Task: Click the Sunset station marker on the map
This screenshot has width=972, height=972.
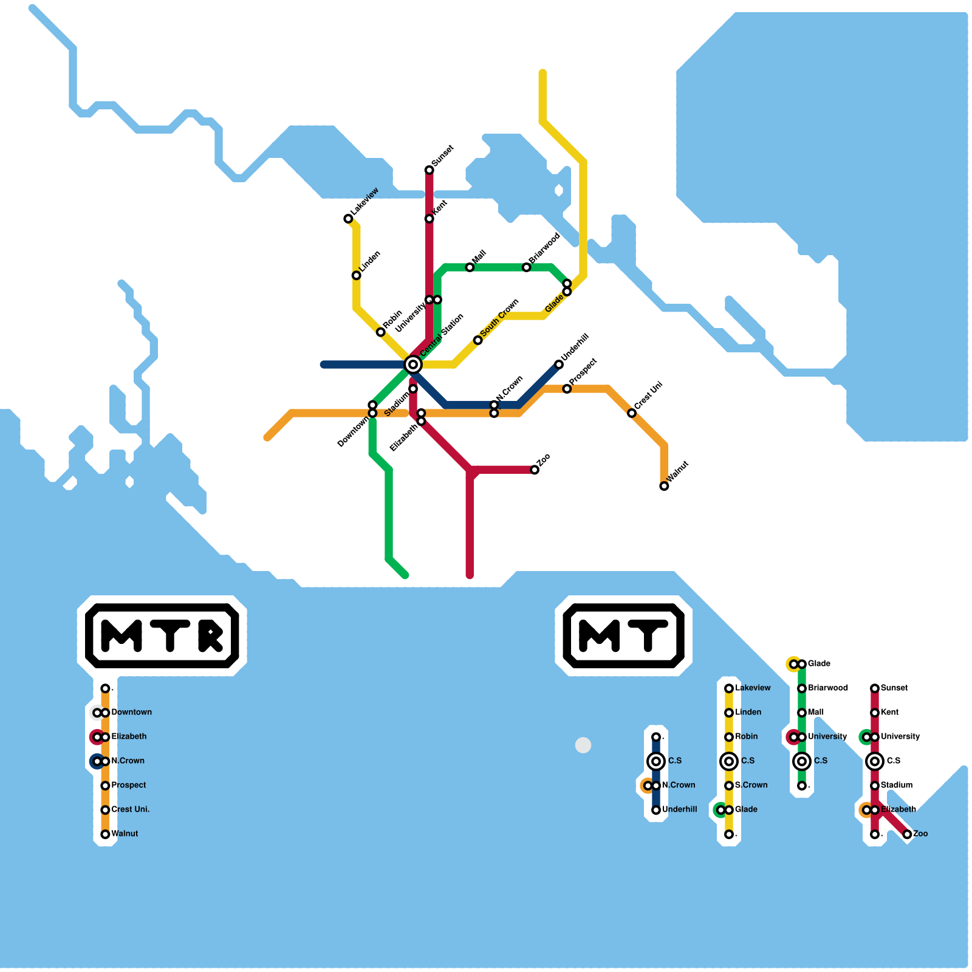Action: (x=429, y=170)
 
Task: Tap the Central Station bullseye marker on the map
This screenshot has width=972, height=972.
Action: (x=413, y=364)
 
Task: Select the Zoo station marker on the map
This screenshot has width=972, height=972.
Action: (x=535, y=470)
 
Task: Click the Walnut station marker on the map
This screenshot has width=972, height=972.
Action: (x=664, y=486)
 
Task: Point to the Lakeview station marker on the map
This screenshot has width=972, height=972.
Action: (x=348, y=219)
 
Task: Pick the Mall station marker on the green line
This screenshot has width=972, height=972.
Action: (x=470, y=267)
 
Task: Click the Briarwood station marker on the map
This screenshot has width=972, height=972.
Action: (x=527, y=267)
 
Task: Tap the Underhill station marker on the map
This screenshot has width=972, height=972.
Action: (x=559, y=364)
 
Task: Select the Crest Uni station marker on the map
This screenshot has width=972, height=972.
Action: (x=632, y=413)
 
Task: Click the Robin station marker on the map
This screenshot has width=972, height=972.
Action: (x=380, y=332)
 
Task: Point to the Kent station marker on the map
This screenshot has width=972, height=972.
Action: (x=429, y=219)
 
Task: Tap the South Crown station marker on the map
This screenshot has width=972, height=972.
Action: (x=478, y=340)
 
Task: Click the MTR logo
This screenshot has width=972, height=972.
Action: (x=162, y=635)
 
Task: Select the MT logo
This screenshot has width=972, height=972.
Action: (x=624, y=635)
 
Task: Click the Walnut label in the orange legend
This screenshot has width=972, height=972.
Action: (x=125, y=833)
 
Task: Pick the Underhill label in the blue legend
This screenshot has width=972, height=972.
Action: (x=680, y=809)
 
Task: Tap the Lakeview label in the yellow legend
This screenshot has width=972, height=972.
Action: (x=753, y=688)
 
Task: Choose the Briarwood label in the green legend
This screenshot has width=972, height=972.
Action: (x=828, y=688)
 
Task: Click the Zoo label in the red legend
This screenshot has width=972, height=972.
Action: (x=920, y=833)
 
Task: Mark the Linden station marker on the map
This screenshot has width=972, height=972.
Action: (x=357, y=275)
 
